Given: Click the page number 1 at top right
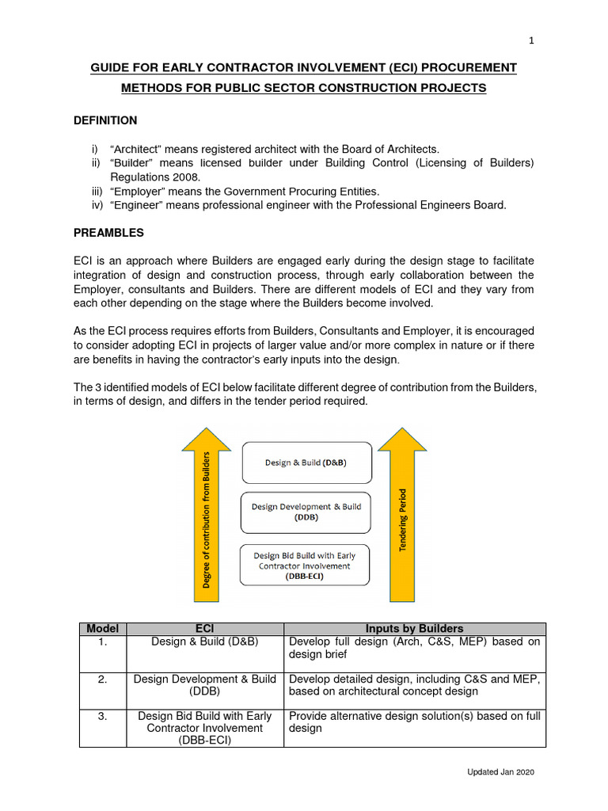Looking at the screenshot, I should [532, 41].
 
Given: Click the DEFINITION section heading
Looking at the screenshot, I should [105, 120].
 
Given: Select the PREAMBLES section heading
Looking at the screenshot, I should [108, 234].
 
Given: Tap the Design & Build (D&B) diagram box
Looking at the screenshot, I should [306, 463].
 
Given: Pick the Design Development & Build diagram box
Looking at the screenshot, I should [306, 512].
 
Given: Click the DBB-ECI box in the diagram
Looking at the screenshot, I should [306, 565].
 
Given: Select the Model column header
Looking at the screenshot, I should [102, 629].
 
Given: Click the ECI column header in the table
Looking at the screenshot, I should [204, 629].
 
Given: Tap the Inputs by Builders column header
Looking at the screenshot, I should [415, 629].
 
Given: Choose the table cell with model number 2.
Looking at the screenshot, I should [102, 680].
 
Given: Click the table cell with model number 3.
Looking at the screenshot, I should [102, 716].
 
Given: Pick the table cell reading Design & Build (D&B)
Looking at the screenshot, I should [204, 642].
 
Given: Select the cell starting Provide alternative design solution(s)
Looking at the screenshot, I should [415, 722].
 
